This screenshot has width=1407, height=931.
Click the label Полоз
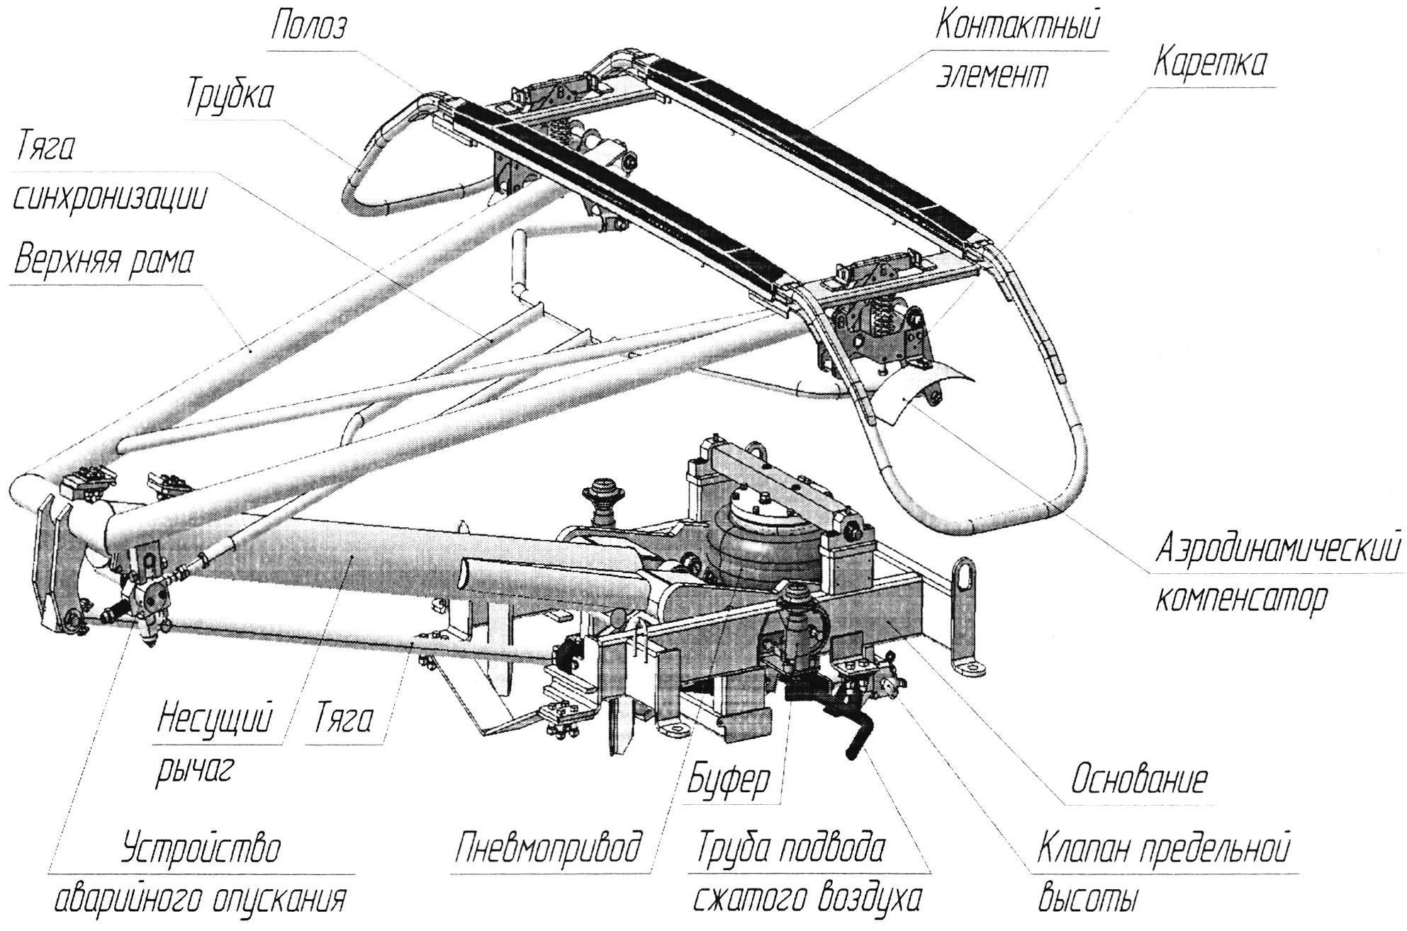[310, 28]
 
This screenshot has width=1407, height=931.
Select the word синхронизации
[110, 198]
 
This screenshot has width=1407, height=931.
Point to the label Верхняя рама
[103, 260]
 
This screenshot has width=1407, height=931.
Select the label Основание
[1138, 780]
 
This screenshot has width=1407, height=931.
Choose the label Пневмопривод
[549, 848]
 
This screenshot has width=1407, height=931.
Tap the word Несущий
[215, 720]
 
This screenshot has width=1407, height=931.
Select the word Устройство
[201, 848]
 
